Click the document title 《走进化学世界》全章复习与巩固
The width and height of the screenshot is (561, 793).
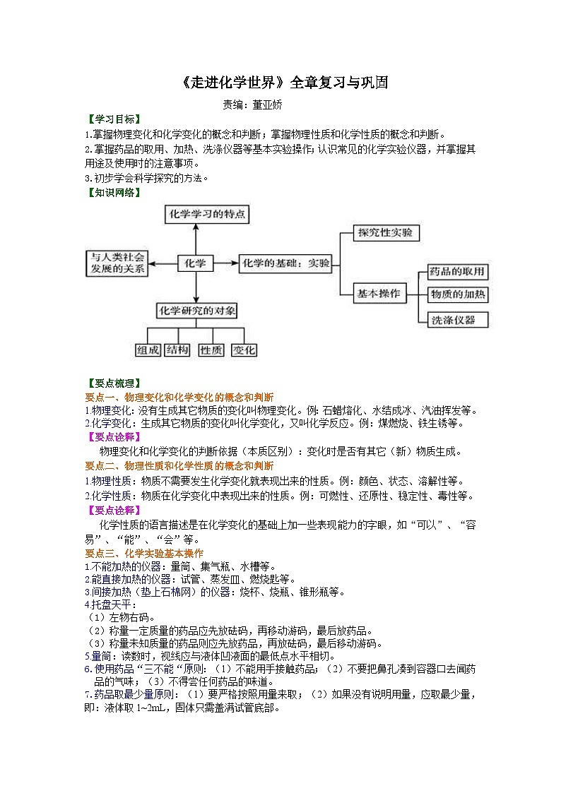pyautogui.click(x=280, y=83)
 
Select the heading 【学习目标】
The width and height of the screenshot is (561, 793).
pyautogui.click(x=112, y=119)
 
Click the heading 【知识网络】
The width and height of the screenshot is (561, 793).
pyautogui.click(x=112, y=191)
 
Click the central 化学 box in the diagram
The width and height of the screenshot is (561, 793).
pyautogui.click(x=194, y=263)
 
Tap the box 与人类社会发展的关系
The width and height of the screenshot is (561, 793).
pyautogui.click(x=117, y=263)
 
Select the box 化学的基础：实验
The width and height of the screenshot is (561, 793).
pyautogui.click(x=285, y=263)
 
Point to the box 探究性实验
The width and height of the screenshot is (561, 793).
pyautogui.click(x=384, y=232)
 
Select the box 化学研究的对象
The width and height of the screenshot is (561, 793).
pyautogui.click(x=196, y=310)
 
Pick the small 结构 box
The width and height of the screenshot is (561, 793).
pyautogui.click(x=177, y=350)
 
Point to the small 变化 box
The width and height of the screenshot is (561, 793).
pyautogui.click(x=244, y=350)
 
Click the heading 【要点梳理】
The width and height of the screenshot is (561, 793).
pyautogui.click(x=112, y=383)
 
